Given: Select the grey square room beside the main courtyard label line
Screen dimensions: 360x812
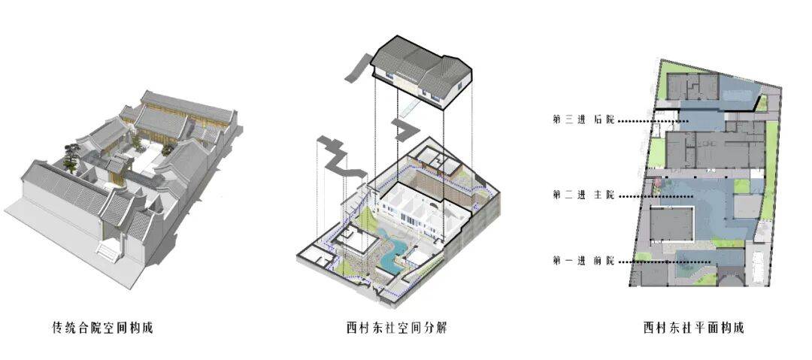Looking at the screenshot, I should click(x=670, y=225).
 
